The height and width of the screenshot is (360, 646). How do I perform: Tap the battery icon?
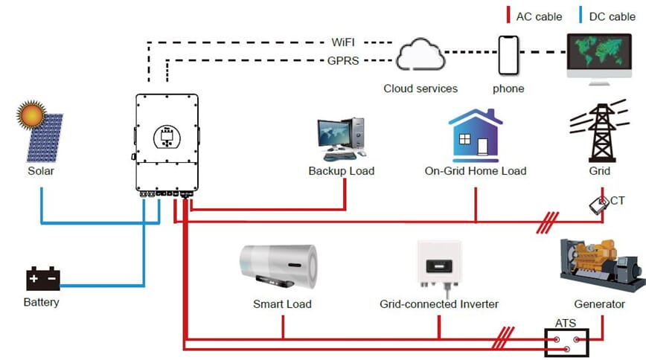pyautogui.click(x=42, y=280)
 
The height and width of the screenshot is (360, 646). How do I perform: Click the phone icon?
pyautogui.click(x=508, y=54)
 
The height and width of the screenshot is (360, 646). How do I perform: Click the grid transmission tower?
pyautogui.click(x=599, y=134)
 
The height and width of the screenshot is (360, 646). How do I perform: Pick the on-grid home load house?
pyautogui.click(x=474, y=135)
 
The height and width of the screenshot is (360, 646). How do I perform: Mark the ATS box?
pyautogui.click(x=566, y=343)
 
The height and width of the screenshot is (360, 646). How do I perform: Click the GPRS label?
pyautogui.click(x=344, y=61)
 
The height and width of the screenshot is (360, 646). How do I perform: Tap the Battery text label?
pyautogui.click(x=41, y=303)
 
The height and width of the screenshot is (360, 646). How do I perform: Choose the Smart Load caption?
pyautogui.click(x=282, y=304)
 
